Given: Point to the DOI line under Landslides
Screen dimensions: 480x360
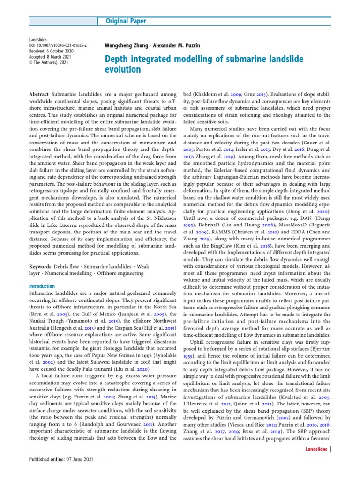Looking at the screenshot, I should (58, 46).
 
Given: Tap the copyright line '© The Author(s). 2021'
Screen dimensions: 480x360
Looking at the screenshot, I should (50, 63).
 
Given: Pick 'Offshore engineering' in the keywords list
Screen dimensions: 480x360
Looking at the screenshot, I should (123, 273).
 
